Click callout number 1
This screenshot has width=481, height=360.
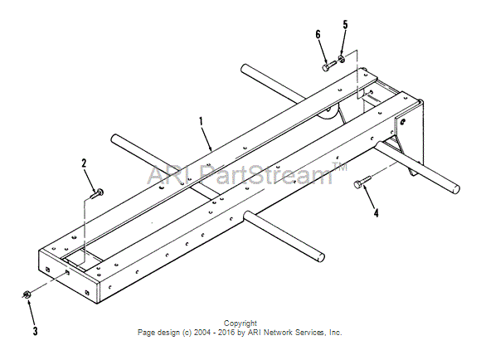pos(201,122)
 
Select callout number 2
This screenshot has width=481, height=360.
pos(84,163)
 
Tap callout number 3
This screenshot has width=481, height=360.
pos(36,331)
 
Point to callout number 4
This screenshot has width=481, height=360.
pos(376,212)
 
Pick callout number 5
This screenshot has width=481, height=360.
pos(346,25)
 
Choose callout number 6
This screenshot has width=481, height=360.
pos(318,34)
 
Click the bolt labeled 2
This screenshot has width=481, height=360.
pos(97,193)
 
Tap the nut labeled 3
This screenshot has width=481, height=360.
pos(26,294)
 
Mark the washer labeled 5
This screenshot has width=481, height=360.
pos(341,58)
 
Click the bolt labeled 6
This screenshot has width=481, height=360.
pos(329,66)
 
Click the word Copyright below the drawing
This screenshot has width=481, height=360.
pos(240,324)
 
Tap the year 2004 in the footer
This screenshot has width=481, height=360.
pos(202,333)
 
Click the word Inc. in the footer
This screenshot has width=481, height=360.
pos(335,333)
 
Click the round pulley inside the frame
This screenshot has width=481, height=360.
pos(328,113)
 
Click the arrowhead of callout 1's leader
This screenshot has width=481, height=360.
pos(211,148)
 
